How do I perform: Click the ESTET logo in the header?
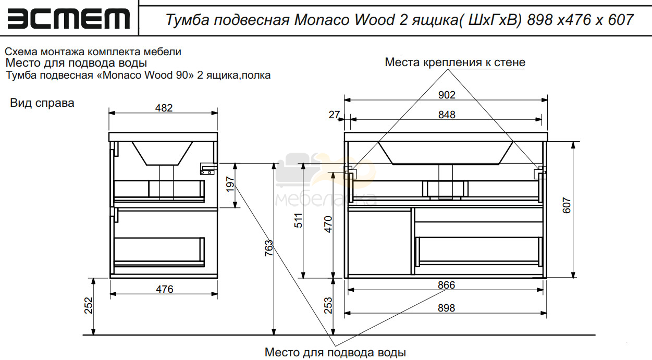68,19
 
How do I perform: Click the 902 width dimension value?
447,95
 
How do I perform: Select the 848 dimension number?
447,115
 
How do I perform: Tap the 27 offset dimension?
334,115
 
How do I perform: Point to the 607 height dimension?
567,205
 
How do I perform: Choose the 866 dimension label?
446,285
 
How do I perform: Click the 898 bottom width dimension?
446,308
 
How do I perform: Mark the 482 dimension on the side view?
164,108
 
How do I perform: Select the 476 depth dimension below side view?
165,289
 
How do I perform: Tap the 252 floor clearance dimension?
88,306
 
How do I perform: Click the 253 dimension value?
328,306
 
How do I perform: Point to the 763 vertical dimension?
268,248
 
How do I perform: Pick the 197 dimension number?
230,184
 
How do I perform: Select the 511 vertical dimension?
299,220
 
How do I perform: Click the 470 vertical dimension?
328,225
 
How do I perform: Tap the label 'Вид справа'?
42,103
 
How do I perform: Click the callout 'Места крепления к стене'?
455,63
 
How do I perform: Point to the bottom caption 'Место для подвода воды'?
335,352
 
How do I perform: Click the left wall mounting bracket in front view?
350,172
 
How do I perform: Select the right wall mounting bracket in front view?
540,172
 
